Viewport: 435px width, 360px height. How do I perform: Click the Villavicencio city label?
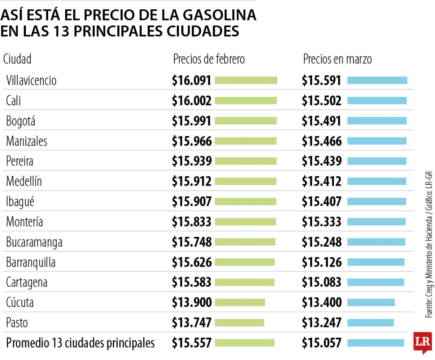[31, 81]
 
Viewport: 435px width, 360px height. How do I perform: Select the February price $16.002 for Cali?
[191, 101]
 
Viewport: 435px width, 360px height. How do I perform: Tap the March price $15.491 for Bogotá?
[321, 121]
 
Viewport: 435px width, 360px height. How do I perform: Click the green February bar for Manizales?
[246, 141]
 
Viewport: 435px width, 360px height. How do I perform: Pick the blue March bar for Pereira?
[377, 161]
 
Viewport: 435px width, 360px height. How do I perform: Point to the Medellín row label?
[24, 182]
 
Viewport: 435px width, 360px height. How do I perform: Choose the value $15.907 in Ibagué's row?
[191, 202]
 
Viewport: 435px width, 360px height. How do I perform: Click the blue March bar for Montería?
[376, 222]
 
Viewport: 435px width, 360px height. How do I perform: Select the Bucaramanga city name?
[34, 242]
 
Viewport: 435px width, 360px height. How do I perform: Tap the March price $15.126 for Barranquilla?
[321, 262]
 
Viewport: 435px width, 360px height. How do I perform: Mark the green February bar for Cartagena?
[244, 282]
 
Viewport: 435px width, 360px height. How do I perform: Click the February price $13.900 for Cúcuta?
[191, 302]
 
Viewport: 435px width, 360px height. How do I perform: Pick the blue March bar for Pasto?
[370, 323]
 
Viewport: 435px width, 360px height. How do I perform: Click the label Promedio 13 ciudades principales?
[80, 343]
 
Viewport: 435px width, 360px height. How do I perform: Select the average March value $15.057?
[321, 343]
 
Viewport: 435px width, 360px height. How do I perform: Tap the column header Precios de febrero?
[209, 59]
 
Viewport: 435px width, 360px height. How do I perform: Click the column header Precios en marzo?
[337, 59]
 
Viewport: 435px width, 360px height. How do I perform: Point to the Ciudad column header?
[17, 59]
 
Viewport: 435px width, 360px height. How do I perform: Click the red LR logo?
[423, 343]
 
